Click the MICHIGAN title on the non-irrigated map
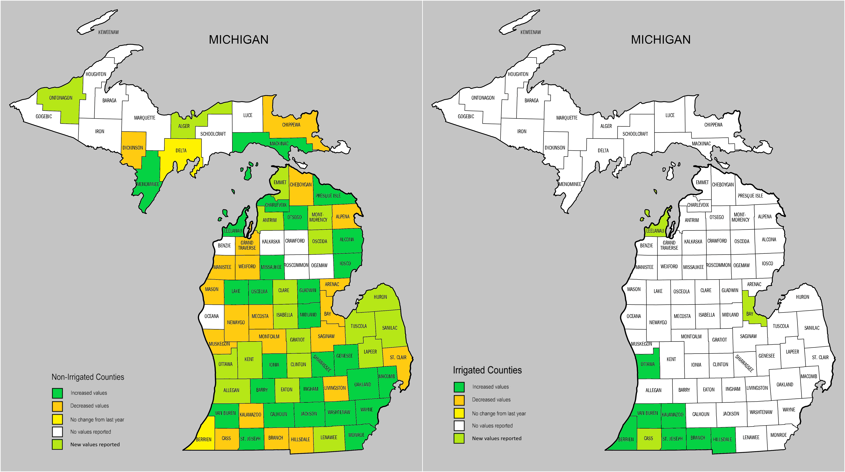pos(238,40)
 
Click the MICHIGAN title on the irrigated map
pos(661,40)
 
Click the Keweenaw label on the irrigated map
pos(530,32)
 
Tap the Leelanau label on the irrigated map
pos(655,231)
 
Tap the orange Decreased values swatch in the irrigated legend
pos(459,400)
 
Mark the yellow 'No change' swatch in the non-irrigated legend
pos(57,419)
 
